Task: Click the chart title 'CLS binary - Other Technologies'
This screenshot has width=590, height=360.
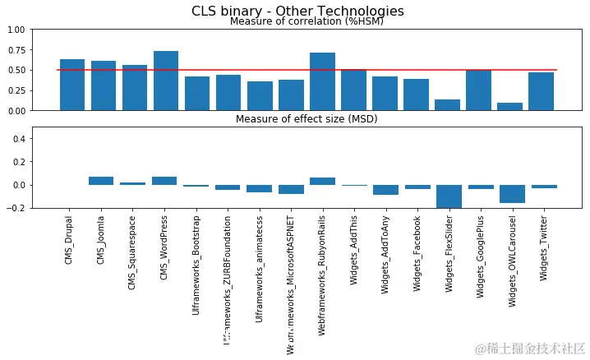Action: coord(297,11)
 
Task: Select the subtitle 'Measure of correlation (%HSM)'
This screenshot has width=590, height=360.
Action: coord(307,21)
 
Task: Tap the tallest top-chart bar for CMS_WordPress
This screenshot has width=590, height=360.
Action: coord(166,81)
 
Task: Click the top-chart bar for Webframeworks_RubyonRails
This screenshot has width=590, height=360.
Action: coord(322,81)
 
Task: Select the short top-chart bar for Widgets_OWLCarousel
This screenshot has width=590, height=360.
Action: coord(509,106)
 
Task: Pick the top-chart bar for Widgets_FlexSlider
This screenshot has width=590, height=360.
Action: coord(447,104)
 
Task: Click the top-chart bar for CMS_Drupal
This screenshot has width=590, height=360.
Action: coord(72,85)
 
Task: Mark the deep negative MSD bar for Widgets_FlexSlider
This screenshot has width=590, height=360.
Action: coord(447,196)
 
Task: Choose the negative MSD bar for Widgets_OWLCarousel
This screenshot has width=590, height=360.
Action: coord(509,194)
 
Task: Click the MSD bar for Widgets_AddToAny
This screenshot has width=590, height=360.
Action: coord(385,190)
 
